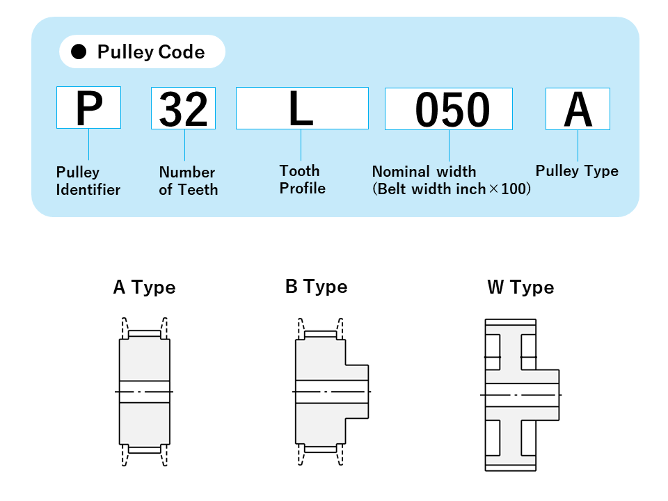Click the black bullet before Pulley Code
click(79, 52)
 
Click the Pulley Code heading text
click(151, 52)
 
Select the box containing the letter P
click(88, 108)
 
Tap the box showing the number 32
click(183, 109)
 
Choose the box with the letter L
click(302, 109)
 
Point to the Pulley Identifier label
click(88, 181)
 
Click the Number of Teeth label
click(188, 181)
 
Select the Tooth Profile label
click(302, 180)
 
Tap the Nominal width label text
click(424, 171)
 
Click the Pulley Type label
click(577, 171)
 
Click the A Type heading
click(144, 287)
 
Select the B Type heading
click(316, 287)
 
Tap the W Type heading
click(520, 287)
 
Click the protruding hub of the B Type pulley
click(356, 392)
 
